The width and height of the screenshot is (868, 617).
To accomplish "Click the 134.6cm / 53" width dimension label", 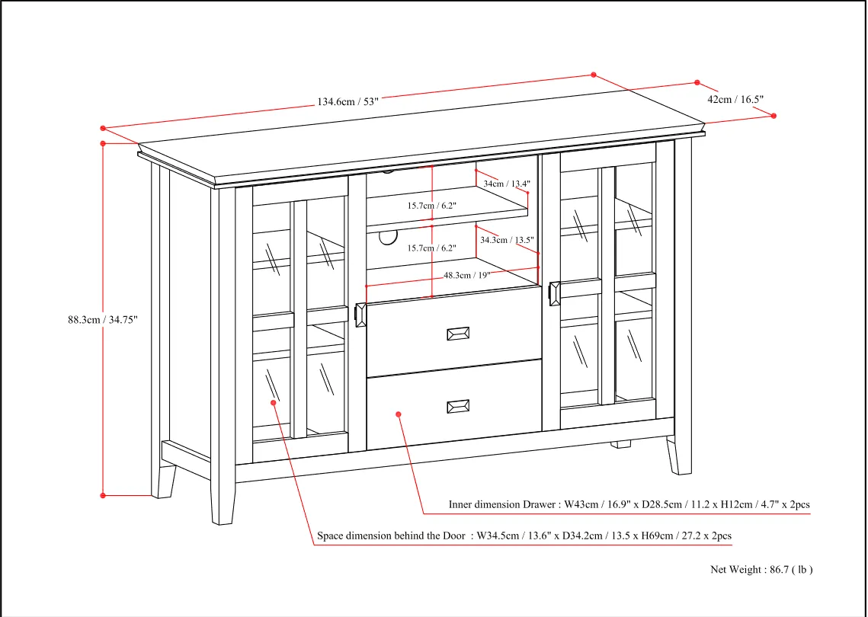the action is tap(348, 101).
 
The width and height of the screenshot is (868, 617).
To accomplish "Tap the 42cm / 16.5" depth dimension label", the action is tap(735, 99).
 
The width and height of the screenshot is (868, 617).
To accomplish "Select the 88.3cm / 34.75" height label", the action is tap(102, 320).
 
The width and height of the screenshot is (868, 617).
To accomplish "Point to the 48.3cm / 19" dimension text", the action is tap(466, 275).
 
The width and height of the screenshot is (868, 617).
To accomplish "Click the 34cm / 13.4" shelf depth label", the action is tap(507, 183).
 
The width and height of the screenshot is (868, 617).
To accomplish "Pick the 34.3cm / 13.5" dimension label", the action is tap(507, 240).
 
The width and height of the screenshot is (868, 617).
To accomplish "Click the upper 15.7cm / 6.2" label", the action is tap(432, 206).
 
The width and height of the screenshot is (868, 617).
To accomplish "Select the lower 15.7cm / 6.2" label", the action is tap(432, 248).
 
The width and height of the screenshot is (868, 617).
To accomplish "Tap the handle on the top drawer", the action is tap(458, 334).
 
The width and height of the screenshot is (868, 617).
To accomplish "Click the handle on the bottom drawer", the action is tap(458, 406).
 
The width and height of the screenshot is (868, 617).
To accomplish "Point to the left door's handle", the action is tap(360, 315).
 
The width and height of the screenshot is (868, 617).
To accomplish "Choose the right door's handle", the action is tap(554, 293).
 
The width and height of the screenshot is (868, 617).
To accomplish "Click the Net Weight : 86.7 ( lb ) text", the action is tap(762, 570).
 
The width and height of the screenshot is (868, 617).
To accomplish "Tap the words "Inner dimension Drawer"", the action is tap(502, 505).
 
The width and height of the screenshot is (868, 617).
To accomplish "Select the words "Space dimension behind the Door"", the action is tap(392, 535).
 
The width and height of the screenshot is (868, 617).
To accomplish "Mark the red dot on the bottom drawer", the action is tap(399, 414).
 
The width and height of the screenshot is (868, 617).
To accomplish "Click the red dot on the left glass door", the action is tap(274, 403).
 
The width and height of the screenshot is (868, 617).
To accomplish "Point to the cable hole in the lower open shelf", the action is tap(388, 237).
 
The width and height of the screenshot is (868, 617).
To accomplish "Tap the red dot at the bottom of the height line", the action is tap(103, 495).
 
